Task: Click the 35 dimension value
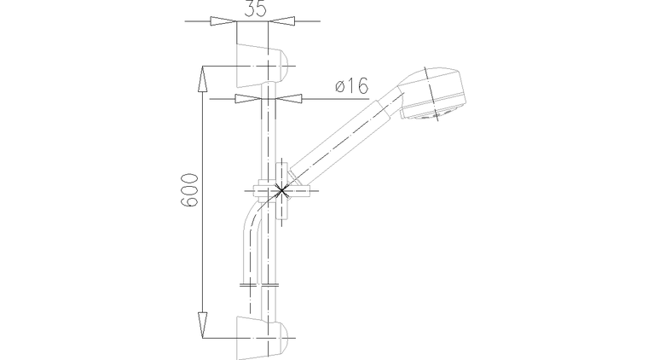point(255,9)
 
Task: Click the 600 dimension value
point(189,189)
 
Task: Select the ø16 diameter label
point(351,86)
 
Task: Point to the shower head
point(432,94)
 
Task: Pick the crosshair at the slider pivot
point(281,190)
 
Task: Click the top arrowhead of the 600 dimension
point(202,78)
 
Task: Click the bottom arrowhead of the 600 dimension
point(202,325)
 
